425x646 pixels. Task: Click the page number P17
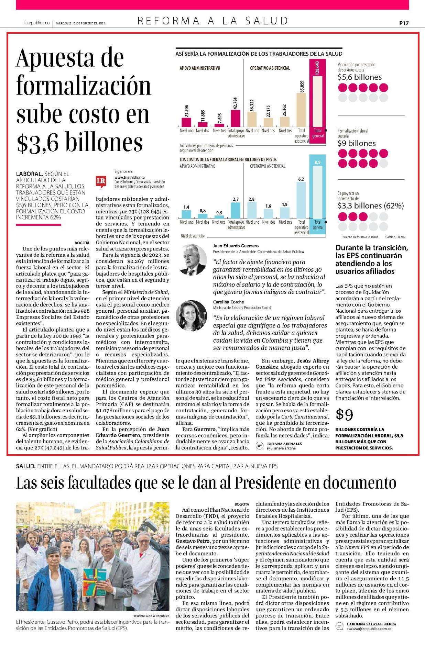tap(404, 23)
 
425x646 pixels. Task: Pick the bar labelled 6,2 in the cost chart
tap(301, 200)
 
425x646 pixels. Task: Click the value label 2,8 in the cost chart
tap(251, 199)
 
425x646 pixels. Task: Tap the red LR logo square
tap(101, 181)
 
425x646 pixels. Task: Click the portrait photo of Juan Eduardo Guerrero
tap(191, 260)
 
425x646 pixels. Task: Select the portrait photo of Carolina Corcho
tap(191, 315)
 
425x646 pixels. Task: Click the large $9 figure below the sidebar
tap(344, 415)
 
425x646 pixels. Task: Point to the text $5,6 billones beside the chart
tap(360, 77)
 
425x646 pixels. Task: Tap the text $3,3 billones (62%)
tap(371, 206)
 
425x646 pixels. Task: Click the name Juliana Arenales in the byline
tap(284, 444)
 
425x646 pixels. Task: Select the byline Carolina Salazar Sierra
tap(371, 624)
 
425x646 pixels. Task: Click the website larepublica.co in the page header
tap(37, 23)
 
